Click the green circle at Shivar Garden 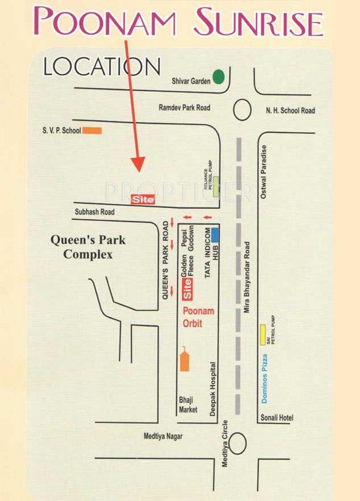click(219, 77)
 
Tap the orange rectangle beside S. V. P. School click(92, 131)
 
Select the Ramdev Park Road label click(184, 108)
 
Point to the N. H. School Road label click(291, 111)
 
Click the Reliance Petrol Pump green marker click(216, 186)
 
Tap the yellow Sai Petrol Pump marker click(263, 334)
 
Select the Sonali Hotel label click(277, 418)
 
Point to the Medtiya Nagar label click(163, 436)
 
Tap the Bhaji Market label click(188, 405)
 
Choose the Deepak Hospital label click(213, 388)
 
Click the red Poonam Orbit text click(198, 317)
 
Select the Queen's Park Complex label click(88, 247)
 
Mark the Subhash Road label click(95, 212)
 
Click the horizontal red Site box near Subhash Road click(143, 199)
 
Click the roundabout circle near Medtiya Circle click(238, 443)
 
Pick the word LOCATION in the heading click(102, 67)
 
